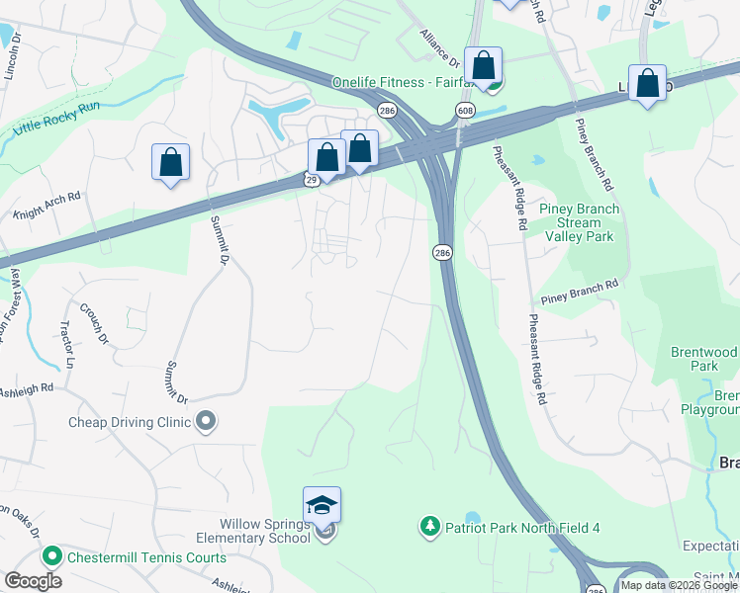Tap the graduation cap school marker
[x=323, y=505]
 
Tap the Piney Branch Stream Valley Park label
[x=579, y=222]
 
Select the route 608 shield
[x=464, y=109]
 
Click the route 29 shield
[x=311, y=179]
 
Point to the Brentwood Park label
[x=703, y=359]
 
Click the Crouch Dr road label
[x=94, y=323]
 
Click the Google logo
[x=33, y=581]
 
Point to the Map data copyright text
[x=679, y=585]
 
